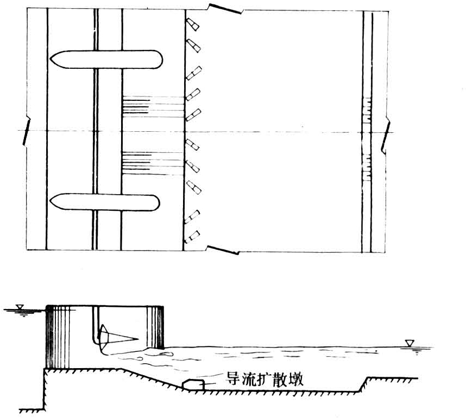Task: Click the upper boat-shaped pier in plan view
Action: coord(106,59)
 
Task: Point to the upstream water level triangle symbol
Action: coord(20,308)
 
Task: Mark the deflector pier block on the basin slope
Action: coord(193,384)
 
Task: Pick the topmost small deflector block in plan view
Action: coord(192,24)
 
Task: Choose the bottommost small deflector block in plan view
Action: coord(193,236)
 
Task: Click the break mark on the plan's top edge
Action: coord(223,8)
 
